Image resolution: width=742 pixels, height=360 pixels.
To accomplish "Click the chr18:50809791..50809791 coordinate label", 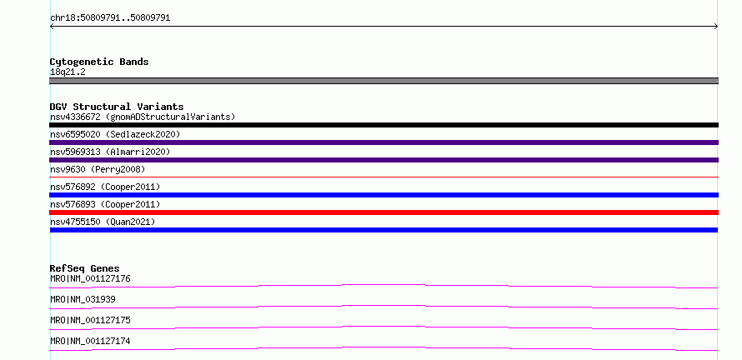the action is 110,18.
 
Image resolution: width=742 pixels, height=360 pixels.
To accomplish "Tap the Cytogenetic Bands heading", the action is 99,62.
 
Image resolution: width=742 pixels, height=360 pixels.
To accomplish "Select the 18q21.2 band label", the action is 68,72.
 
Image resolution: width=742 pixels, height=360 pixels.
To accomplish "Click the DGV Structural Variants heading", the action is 117,107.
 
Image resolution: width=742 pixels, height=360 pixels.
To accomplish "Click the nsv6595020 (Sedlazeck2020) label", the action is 115,134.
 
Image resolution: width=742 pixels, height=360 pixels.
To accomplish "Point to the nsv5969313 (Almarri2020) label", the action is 110,152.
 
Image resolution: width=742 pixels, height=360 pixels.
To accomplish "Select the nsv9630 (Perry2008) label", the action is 98,169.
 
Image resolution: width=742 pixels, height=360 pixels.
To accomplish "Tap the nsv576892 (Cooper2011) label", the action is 105,187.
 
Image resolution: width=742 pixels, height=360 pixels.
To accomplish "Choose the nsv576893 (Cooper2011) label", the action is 105,204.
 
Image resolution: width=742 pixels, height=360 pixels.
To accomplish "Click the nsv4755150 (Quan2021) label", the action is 103,222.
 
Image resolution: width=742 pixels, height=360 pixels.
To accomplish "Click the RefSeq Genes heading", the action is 85,268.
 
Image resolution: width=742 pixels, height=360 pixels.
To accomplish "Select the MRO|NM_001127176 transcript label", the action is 90,279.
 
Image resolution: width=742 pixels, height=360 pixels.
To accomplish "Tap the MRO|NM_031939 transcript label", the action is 83,300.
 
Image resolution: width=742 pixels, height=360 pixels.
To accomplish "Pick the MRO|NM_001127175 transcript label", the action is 90,321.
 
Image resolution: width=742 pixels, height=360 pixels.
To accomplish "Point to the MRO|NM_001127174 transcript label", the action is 90,342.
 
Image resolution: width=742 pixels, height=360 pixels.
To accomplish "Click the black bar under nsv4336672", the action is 384,125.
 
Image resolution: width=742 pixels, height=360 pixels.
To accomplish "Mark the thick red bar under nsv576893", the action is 384,212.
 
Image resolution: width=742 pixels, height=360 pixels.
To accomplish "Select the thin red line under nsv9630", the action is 384,177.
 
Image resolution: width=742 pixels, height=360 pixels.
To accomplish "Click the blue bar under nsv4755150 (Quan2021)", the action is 384,230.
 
